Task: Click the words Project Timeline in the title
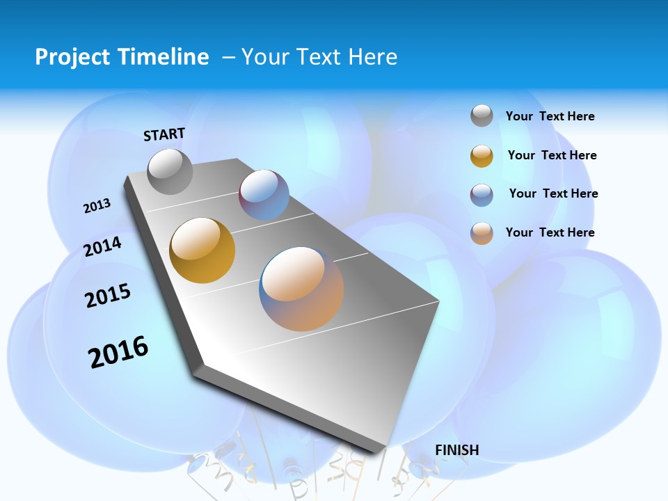click(x=122, y=57)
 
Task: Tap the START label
click(x=164, y=134)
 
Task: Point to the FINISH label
click(x=457, y=450)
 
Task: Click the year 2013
click(x=97, y=206)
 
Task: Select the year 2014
click(x=102, y=246)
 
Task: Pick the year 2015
click(x=108, y=296)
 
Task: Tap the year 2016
click(x=118, y=351)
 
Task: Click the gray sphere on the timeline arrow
click(x=170, y=171)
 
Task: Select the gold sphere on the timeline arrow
click(x=202, y=250)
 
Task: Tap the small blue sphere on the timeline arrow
click(x=264, y=195)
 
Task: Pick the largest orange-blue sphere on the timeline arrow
click(x=301, y=289)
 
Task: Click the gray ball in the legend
click(x=482, y=116)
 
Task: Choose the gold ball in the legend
click(x=482, y=156)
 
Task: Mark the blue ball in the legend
click(x=482, y=195)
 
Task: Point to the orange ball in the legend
click(x=482, y=233)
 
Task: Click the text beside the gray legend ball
click(x=550, y=116)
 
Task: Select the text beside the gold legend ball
click(x=552, y=155)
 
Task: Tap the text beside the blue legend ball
click(x=553, y=193)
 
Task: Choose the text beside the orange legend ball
click(x=550, y=232)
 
